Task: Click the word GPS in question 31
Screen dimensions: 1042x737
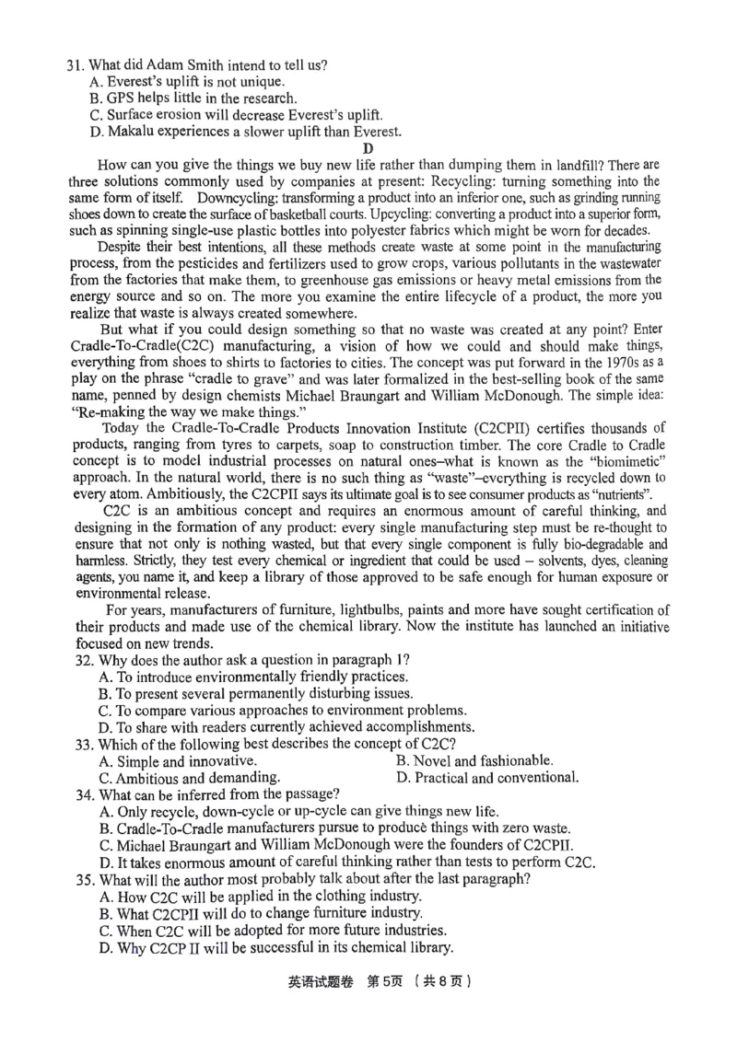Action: (120, 98)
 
